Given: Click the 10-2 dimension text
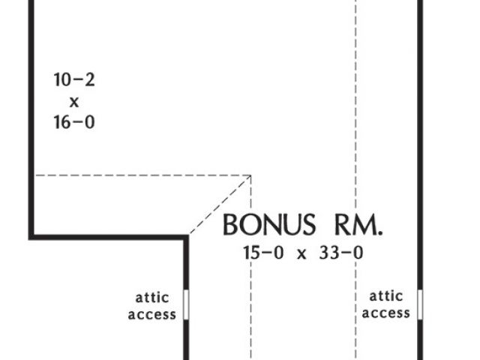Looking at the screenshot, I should (x=73, y=79).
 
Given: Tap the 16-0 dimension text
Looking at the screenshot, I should (x=73, y=121).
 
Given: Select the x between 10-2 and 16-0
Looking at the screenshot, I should (x=73, y=100).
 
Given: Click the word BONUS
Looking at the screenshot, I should (x=268, y=224).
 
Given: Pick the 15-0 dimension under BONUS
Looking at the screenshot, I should (x=263, y=253).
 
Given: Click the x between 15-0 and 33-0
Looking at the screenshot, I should (x=302, y=253).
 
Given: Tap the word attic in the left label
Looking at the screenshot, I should (x=152, y=296).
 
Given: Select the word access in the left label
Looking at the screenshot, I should (x=152, y=313).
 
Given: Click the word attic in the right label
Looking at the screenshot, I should (x=386, y=296).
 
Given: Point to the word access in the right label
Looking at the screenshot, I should (x=386, y=313).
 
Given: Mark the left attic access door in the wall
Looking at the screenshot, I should (x=185, y=305).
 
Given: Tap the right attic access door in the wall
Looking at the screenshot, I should (x=420, y=305).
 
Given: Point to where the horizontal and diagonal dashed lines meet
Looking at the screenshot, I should (x=250, y=175).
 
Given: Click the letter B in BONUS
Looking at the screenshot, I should (x=230, y=224).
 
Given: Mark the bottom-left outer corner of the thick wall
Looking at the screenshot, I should (x=31, y=238).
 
